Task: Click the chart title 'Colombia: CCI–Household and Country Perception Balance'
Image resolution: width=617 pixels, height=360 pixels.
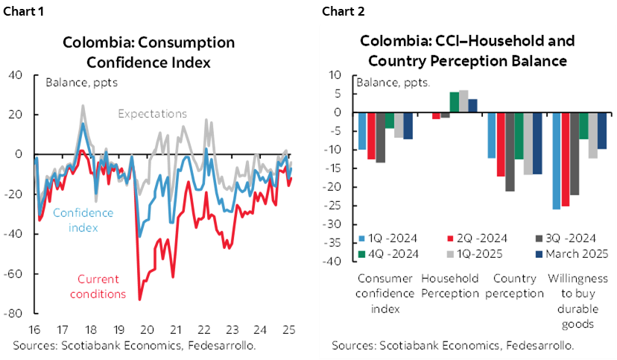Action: coord(467,50)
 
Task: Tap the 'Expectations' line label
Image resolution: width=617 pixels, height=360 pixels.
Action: coord(152,114)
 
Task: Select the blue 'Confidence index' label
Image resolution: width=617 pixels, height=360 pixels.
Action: coord(83,219)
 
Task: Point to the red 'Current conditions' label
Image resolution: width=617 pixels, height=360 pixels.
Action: coord(98,286)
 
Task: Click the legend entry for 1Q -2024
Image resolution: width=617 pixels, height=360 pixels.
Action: coord(387,239)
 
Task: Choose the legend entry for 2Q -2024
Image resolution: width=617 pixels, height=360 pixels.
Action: coord(478,239)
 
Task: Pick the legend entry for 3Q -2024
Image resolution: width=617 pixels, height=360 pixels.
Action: coord(568,239)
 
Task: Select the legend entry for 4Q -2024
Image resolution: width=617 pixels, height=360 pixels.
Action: coord(387,253)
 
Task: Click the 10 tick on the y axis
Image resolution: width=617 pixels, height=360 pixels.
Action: coord(334,75)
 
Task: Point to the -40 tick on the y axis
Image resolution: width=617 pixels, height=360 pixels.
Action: coord(331,262)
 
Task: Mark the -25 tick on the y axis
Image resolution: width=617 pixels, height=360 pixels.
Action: coord(331,206)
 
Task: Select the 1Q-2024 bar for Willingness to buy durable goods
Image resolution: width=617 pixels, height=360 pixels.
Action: coord(557,161)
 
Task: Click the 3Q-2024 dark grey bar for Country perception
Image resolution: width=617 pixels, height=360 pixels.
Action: coord(510,152)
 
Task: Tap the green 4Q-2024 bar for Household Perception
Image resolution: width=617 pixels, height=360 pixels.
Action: coord(454,103)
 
